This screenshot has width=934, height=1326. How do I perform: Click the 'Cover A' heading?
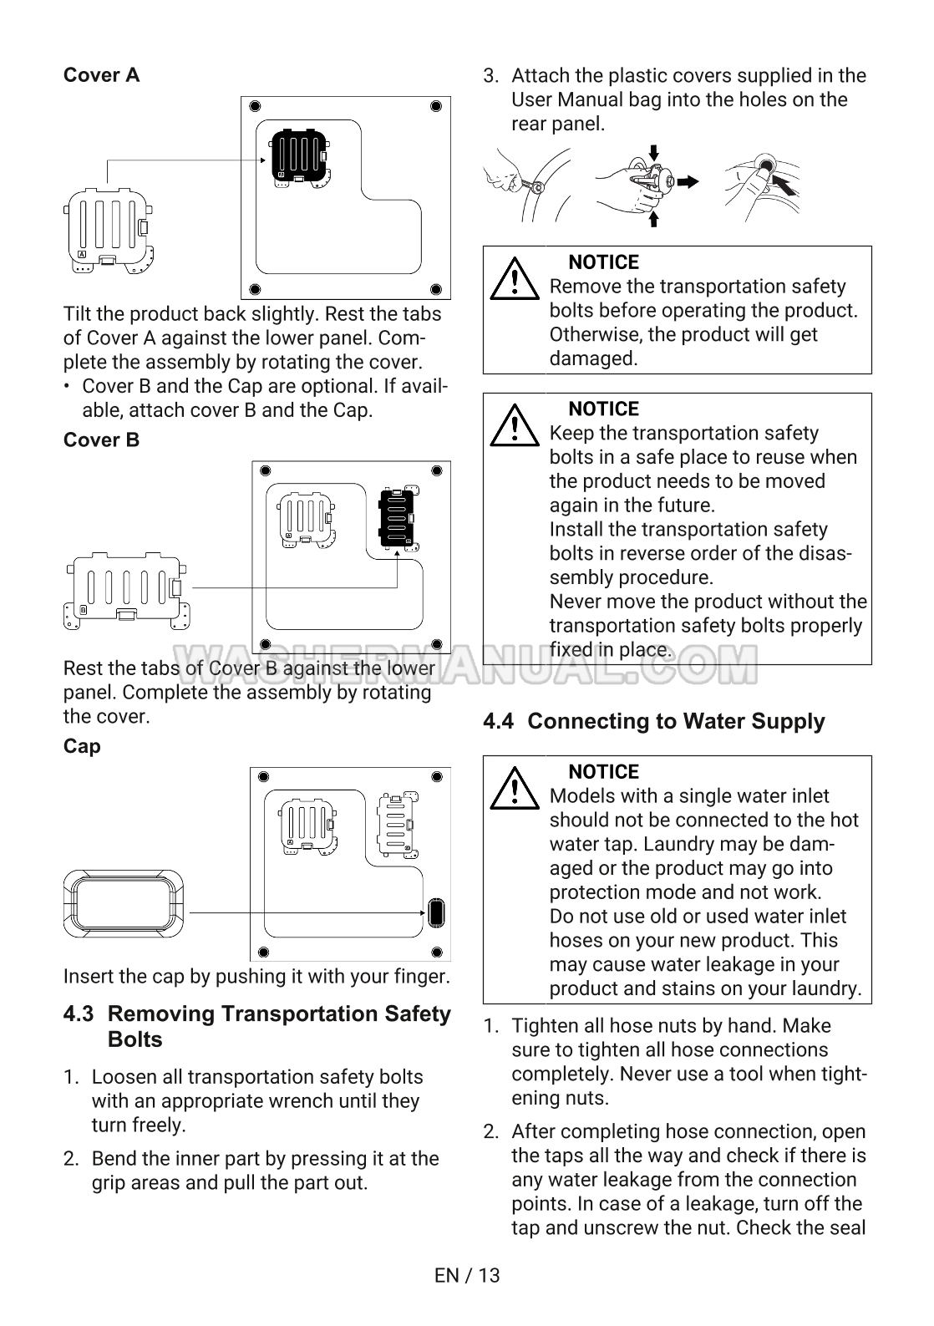click(101, 75)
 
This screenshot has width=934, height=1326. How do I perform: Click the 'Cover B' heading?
click(101, 439)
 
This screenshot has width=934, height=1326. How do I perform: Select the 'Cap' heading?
click(82, 746)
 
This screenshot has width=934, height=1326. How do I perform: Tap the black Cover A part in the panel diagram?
click(299, 157)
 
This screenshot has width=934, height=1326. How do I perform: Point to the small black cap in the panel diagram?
click(436, 912)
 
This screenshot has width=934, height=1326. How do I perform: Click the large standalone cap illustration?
click(123, 903)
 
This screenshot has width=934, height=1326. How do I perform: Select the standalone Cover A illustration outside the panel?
click(109, 231)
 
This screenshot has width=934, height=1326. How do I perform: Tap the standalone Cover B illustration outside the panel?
click(127, 591)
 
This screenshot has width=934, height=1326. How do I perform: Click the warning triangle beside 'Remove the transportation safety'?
click(515, 279)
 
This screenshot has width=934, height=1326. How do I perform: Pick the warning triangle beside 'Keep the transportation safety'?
click(515, 425)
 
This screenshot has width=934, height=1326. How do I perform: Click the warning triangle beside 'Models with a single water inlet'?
click(515, 788)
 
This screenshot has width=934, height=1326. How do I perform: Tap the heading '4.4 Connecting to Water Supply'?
click(653, 721)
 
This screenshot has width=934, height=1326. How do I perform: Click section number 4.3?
click(79, 1014)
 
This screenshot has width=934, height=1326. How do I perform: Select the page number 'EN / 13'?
click(467, 1275)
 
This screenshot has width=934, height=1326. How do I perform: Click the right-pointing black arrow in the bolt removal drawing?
click(688, 182)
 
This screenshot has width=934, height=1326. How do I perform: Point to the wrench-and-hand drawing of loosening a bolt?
click(527, 185)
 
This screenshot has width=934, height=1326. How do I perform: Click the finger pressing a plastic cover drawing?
click(763, 185)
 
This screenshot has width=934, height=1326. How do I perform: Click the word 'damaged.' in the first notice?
click(593, 358)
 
